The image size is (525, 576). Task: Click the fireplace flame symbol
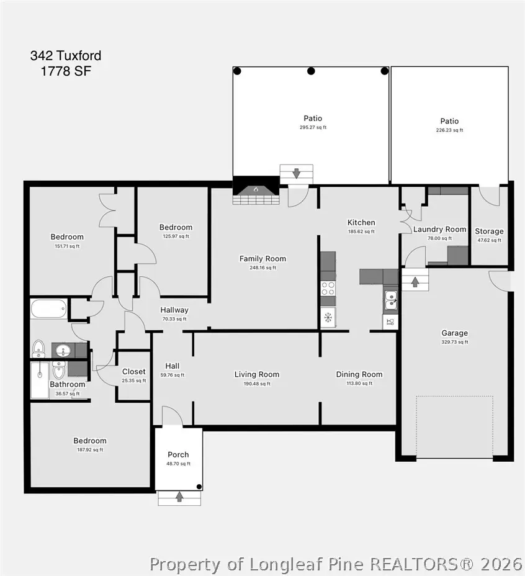pyautogui.click(x=256, y=189)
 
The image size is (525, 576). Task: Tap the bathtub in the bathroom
pyautogui.click(x=49, y=309)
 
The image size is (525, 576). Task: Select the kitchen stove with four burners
pyautogui.click(x=328, y=289)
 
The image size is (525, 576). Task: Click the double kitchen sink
pyautogui.click(x=390, y=300)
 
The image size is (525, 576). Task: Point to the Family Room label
pyautogui.click(x=262, y=259)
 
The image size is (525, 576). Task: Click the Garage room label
pyautogui.click(x=454, y=333)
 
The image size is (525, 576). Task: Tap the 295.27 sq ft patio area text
pyautogui.click(x=313, y=127)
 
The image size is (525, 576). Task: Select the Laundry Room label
pyautogui.click(x=439, y=229)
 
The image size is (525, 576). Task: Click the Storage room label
pyautogui.click(x=489, y=231)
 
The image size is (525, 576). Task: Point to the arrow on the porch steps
pyautogui.click(x=179, y=497)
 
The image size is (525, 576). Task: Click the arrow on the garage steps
pyautogui.click(x=415, y=282)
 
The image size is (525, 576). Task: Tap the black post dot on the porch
pyautogui.click(x=199, y=487)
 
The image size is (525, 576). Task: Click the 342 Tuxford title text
pyautogui.click(x=66, y=55)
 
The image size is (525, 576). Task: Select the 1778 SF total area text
pyautogui.click(x=66, y=71)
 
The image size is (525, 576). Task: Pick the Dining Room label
pyautogui.click(x=359, y=374)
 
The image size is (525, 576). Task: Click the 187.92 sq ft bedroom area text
pyautogui.click(x=90, y=449)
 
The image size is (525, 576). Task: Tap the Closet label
pyautogui.click(x=133, y=371)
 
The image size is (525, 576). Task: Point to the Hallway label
pyautogui.click(x=174, y=310)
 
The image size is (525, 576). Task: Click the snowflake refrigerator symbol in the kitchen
pyautogui.click(x=328, y=317)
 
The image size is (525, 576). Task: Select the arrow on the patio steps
pyautogui.click(x=296, y=173)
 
